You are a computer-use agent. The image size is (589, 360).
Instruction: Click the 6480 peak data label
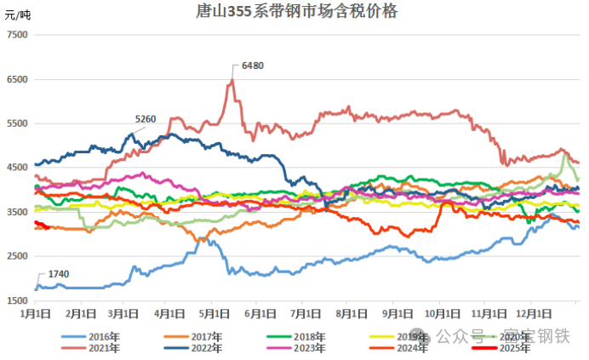[253, 66]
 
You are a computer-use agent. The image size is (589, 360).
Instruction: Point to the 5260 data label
[146, 119]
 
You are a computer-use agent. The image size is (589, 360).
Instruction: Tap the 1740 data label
[59, 273]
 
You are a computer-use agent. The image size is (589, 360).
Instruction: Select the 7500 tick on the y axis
[17, 35]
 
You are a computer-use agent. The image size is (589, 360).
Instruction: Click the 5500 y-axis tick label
[17, 123]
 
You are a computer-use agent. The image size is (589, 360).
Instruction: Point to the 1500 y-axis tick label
[17, 301]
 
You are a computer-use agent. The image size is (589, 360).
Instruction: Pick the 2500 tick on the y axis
[17, 257]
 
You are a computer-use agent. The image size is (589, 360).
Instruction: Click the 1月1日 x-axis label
[36, 313]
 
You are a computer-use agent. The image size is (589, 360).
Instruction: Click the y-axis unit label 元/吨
[18, 15]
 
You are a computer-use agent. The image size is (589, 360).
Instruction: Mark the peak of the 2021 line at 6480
[232, 81]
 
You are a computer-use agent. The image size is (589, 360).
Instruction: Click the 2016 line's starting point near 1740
[36, 289]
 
